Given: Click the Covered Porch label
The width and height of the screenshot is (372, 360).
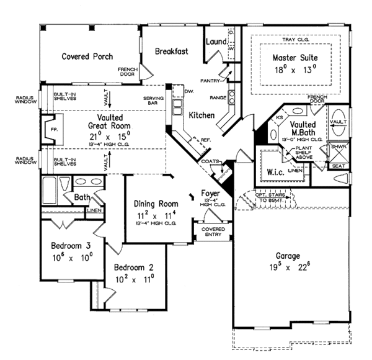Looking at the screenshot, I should pyautogui.click(x=87, y=56).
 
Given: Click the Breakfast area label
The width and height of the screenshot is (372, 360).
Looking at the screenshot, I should pyautogui.click(x=172, y=52).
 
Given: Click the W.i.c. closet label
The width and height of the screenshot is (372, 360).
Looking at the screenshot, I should pyautogui.click(x=274, y=171).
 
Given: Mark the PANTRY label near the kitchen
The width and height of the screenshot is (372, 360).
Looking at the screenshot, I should pyautogui.click(x=210, y=80).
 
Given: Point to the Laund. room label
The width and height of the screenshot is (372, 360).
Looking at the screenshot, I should pyautogui.click(x=215, y=42).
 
